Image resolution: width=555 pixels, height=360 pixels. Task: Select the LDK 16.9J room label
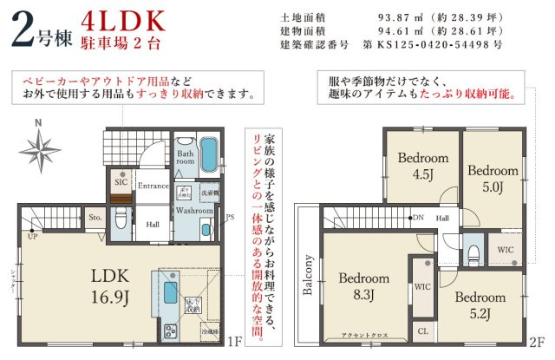[x=110, y=287]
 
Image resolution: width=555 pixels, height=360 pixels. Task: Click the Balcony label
[x=307, y=277]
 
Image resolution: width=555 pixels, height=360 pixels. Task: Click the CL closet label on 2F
[x=422, y=331]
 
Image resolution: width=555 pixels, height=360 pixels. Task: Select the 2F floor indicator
[x=536, y=343]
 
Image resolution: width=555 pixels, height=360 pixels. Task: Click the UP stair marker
[x=32, y=236]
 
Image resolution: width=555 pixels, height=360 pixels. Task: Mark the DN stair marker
[x=418, y=218]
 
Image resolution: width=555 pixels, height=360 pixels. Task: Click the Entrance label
[x=153, y=186]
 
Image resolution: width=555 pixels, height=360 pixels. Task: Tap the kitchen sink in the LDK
[x=166, y=289]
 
